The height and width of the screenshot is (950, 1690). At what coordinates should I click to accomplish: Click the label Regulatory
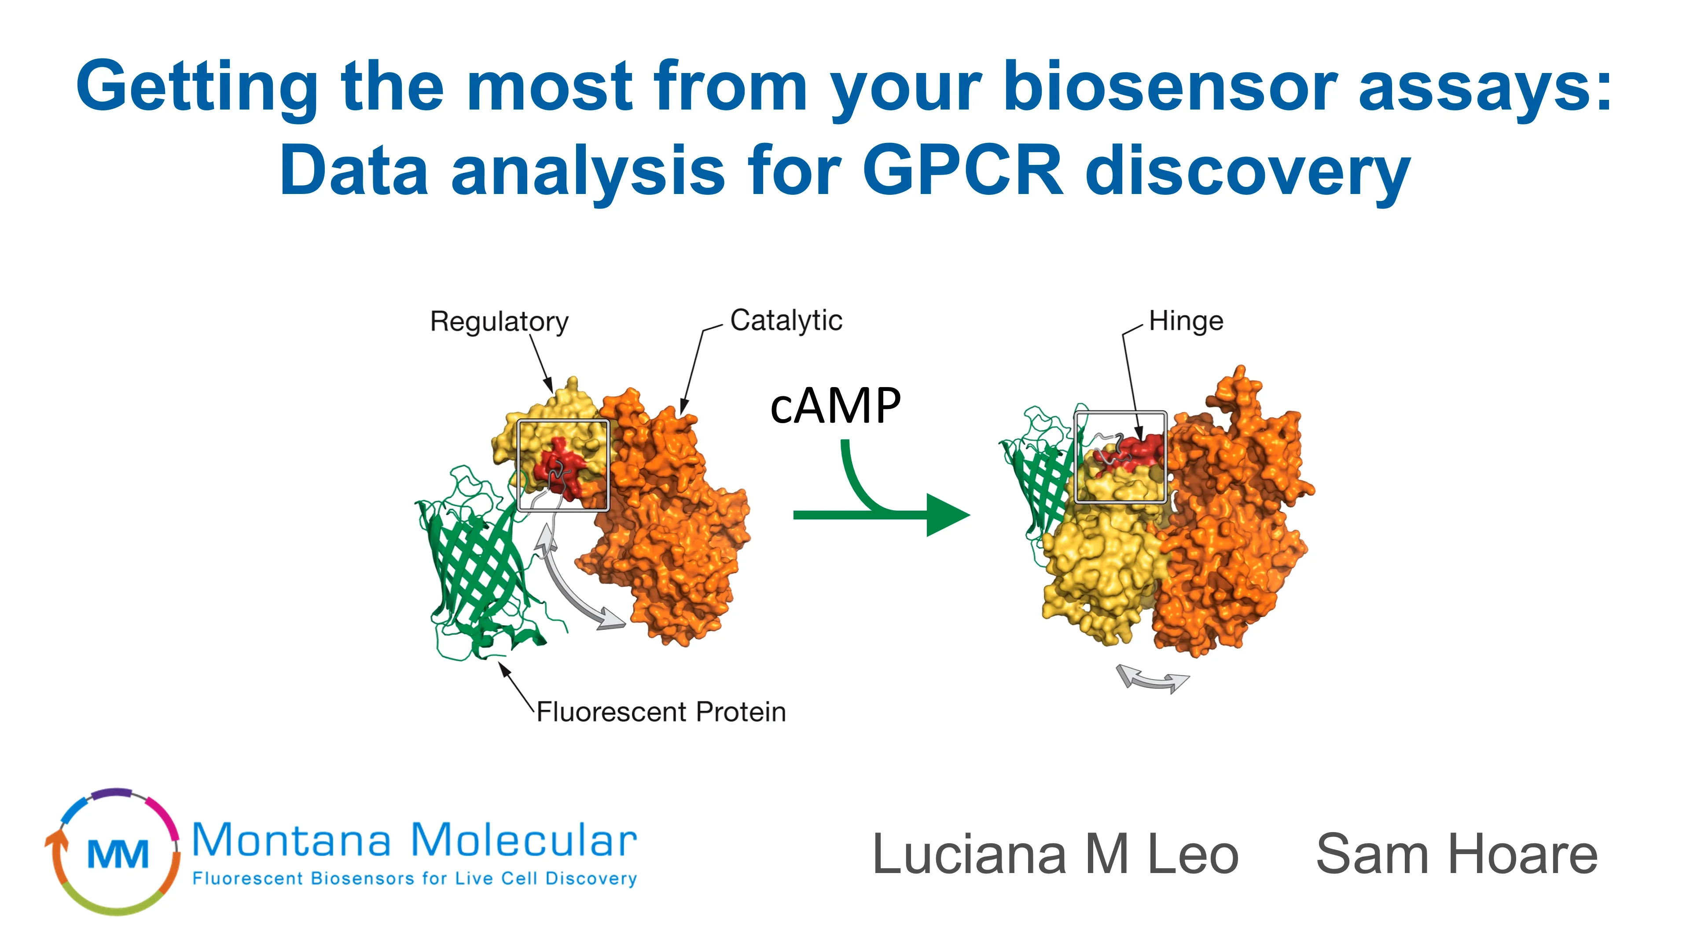point(499,322)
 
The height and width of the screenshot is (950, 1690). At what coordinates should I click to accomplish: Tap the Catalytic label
point(786,321)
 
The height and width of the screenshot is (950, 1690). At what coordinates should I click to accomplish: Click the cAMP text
point(835,406)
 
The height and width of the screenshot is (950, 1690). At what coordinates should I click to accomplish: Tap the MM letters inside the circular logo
point(118,854)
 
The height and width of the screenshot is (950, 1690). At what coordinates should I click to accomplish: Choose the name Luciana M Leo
point(1055,854)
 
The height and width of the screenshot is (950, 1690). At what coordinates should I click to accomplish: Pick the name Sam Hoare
point(1456,854)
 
